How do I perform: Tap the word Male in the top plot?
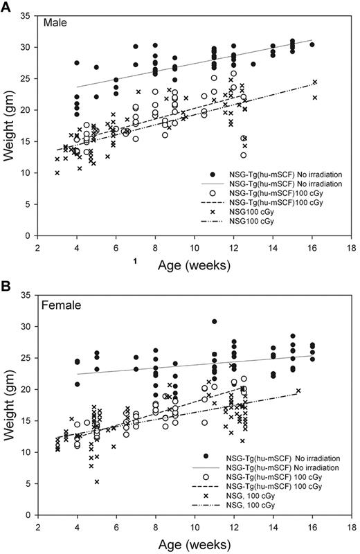pyautogui.click(x=55, y=24)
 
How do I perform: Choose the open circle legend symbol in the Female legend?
pyautogui.click(x=207, y=477)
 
